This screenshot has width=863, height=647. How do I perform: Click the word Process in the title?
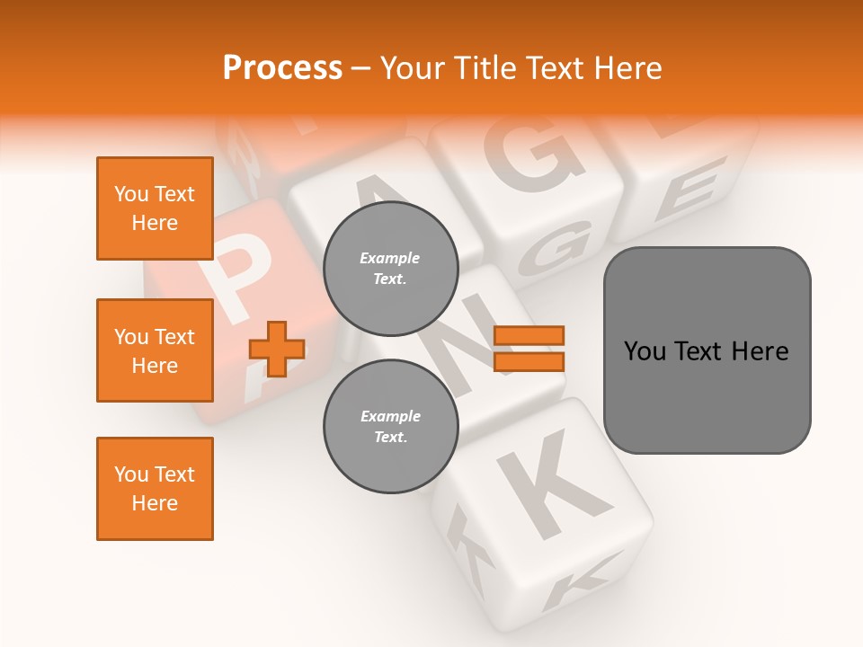coord(282,68)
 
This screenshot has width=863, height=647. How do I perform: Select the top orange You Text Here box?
coord(155,208)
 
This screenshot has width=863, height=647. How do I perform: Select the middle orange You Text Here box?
coord(155,350)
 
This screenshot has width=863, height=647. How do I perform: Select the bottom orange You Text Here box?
coord(155,489)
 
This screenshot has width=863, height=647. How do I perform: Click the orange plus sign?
coord(277,349)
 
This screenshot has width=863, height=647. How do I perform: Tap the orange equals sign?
coord(529,349)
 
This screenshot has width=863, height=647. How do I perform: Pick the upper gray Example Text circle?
coord(390,269)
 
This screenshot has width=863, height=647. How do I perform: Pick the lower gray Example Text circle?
coord(390,427)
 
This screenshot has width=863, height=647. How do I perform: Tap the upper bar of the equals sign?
coord(529,335)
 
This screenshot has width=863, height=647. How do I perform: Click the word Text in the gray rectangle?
coord(702,350)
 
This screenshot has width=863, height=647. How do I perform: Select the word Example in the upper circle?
coord(390,258)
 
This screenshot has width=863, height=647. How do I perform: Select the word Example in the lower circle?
coord(390,416)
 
